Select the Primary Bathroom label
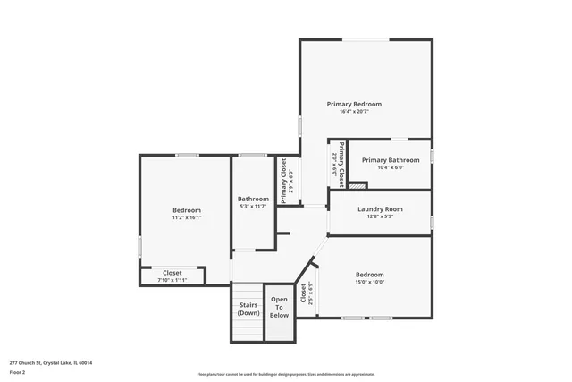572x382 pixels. click(390, 159)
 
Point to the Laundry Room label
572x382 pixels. click(380, 208)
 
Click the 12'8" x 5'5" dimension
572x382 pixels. click(380, 216)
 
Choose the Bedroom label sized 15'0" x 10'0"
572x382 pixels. click(369, 275)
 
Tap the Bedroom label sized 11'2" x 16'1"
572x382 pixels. click(186, 210)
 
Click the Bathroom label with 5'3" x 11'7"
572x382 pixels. click(253, 199)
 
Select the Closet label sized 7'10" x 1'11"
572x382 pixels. click(172, 273)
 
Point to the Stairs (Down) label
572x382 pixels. click(248, 310)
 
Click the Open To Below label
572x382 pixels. click(280, 307)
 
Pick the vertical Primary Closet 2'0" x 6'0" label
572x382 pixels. click(337, 162)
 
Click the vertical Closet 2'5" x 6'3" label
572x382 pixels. click(307, 294)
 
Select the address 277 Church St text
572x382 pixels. click(50, 363)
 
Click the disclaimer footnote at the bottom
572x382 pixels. click(286, 374)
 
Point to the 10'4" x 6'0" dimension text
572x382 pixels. click(390, 167)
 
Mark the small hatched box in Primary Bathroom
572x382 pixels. click(357, 185)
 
